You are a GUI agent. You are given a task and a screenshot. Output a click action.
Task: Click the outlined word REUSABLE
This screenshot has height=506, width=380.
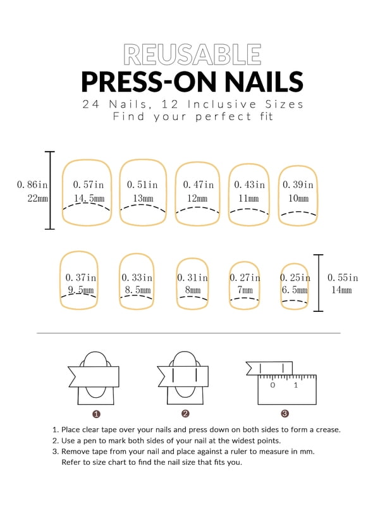[192, 54]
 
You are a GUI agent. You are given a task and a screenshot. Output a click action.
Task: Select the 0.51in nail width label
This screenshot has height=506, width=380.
[142, 185]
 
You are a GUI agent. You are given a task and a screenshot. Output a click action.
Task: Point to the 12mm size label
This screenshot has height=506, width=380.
[197, 198]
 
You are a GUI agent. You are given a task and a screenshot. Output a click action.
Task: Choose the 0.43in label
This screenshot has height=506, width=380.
[249, 185]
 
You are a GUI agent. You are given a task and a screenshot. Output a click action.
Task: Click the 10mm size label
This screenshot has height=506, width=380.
[298, 198]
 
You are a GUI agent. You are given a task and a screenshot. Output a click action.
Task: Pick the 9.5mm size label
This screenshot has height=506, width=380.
[81, 290]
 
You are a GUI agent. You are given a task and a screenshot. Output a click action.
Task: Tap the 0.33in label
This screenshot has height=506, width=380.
[137, 277]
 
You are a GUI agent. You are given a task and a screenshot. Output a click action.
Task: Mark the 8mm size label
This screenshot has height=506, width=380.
[193, 290]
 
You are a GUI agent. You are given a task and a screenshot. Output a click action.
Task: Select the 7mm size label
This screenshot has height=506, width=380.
[245, 290]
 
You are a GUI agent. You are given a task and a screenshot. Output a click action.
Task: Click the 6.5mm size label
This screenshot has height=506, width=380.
[295, 290]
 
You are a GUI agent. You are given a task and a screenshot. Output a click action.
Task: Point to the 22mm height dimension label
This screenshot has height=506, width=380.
[37, 198]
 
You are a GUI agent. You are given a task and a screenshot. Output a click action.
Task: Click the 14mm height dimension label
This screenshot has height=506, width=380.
[341, 290]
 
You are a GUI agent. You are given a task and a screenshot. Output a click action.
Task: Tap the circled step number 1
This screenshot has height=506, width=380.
[96, 414]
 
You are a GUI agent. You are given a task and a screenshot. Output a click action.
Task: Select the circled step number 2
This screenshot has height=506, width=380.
[185, 414]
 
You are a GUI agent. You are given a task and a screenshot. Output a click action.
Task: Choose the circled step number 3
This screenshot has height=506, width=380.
[285, 414]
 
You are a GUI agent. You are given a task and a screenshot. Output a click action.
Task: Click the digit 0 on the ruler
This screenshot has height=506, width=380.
[273, 385]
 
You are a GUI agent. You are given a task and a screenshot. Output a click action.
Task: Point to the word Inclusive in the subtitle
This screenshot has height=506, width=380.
[222, 104]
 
